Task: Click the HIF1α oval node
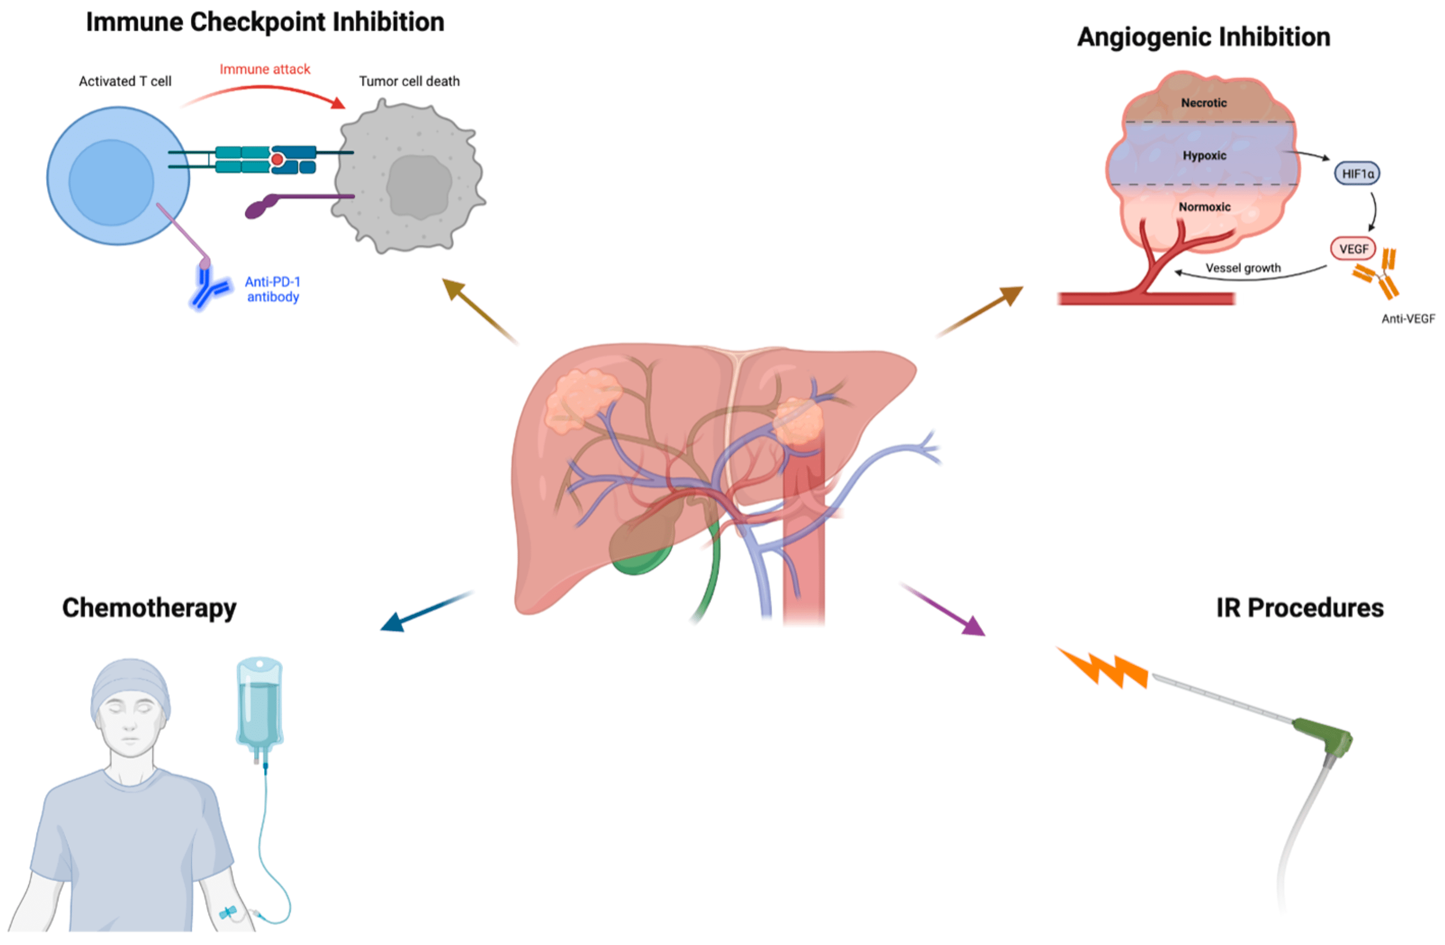pyautogui.click(x=1357, y=174)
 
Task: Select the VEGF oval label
pyautogui.click(x=1353, y=249)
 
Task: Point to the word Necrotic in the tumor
pyautogui.click(x=1204, y=102)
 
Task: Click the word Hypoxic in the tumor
pyautogui.click(x=1204, y=155)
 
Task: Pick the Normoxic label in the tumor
pyautogui.click(x=1204, y=207)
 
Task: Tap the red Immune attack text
pyautogui.click(x=265, y=69)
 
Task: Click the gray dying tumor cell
pyautogui.click(x=410, y=179)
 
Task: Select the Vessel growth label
pyautogui.click(x=1243, y=268)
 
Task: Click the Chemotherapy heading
pyautogui.click(x=149, y=608)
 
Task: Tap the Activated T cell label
pyautogui.click(x=125, y=82)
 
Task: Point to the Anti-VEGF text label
pyautogui.click(x=1408, y=319)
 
